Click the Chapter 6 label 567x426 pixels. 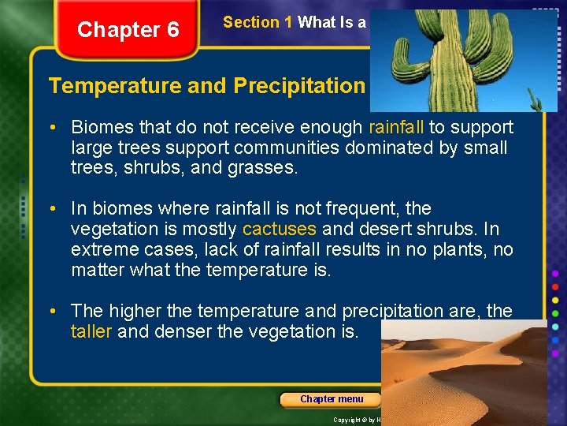tap(128, 30)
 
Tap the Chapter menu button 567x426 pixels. tap(332, 399)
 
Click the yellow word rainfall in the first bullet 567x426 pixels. tap(395, 127)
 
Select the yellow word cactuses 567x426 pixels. tap(280, 230)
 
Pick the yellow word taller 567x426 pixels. tap(91, 331)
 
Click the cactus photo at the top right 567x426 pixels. tap(463, 57)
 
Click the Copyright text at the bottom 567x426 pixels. tap(354, 420)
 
